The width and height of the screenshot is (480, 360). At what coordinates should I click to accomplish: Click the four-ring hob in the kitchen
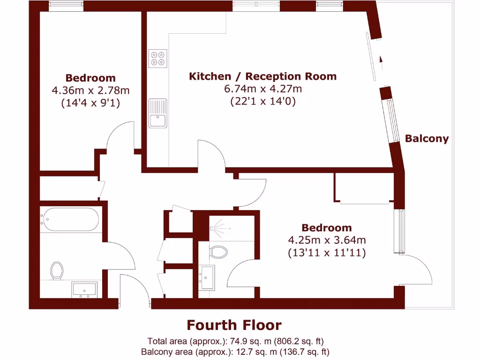tap(158, 58)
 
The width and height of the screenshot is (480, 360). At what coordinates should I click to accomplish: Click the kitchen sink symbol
tap(158, 113)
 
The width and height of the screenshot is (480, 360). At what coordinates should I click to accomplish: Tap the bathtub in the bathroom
tap(70, 219)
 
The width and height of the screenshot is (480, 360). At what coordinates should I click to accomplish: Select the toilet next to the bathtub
tap(57, 270)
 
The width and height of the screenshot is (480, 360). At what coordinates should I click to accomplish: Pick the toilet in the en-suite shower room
tap(218, 252)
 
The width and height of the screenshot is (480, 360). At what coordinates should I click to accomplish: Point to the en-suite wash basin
tap(207, 277)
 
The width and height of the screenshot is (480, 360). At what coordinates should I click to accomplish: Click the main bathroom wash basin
tap(84, 289)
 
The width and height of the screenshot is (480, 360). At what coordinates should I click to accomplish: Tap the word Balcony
tap(427, 139)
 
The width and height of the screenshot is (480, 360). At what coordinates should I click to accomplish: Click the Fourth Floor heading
tap(234, 325)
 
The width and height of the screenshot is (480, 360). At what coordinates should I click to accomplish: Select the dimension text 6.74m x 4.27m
tap(262, 89)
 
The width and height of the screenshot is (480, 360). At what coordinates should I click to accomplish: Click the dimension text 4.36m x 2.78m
tap(90, 90)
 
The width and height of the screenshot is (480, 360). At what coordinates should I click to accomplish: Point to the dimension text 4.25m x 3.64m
tap(327, 240)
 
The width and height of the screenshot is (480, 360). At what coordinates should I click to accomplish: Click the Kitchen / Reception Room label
tap(262, 76)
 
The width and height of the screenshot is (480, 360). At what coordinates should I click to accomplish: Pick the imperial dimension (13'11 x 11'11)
tap(327, 253)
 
